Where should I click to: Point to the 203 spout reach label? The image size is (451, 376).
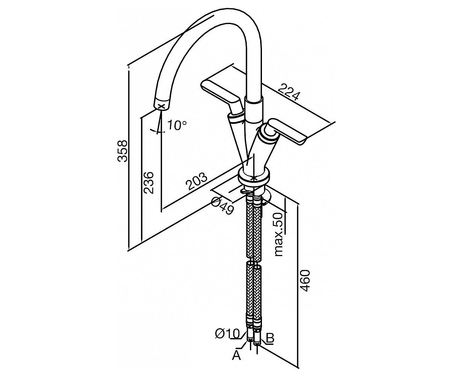coord(196,181)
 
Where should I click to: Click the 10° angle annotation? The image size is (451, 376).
coord(177,125)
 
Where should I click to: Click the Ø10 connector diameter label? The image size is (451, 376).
coord(227,334)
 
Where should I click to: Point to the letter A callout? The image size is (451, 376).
coord(236,356)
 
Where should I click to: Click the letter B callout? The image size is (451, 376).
coord(269,338)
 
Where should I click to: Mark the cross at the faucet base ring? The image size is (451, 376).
coord(254,178)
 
